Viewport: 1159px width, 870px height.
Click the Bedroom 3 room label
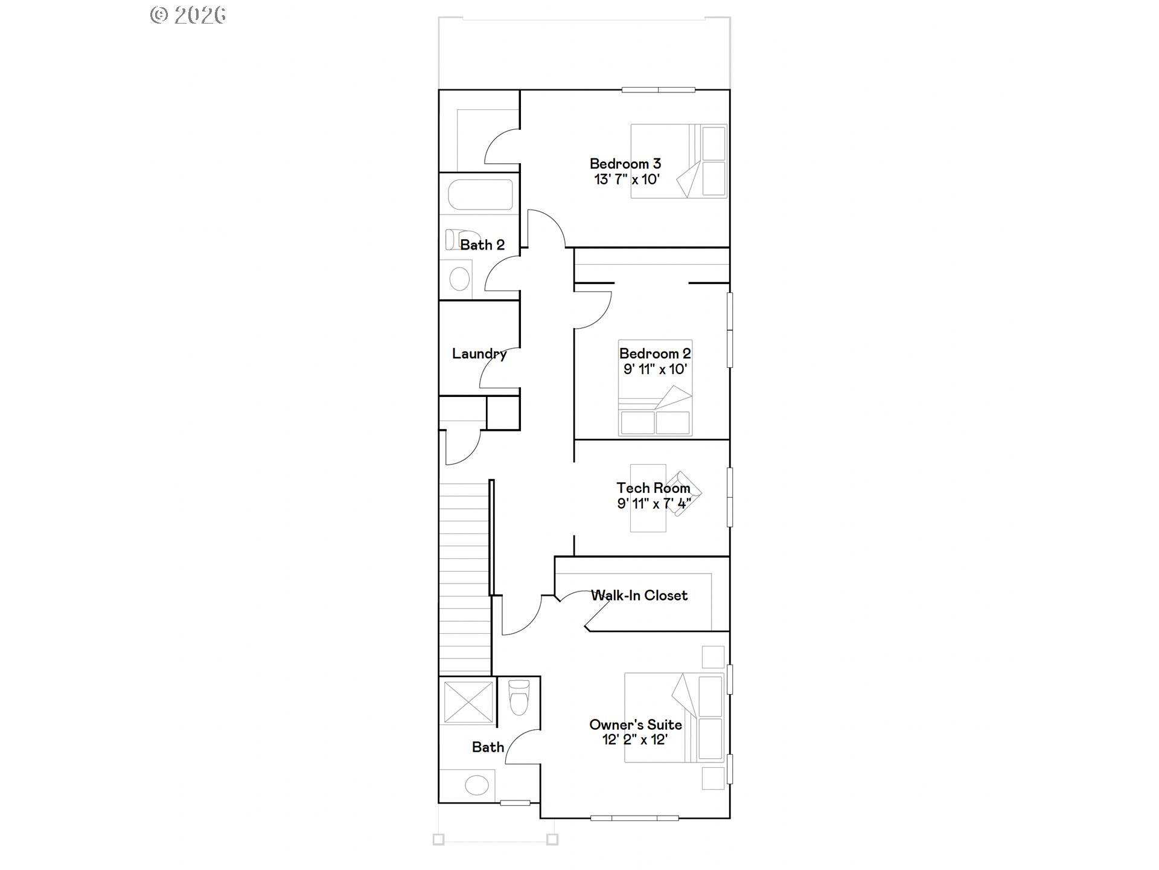625,164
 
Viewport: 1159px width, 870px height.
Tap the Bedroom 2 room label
655,353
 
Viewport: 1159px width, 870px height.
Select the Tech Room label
653,488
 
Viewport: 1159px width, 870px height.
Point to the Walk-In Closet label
639,596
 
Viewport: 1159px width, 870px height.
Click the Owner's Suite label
636,724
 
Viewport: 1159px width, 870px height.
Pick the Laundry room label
479,354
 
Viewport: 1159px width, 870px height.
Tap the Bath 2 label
482,245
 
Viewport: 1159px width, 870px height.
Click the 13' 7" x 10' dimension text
627,179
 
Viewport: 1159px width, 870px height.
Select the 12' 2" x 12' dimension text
635,739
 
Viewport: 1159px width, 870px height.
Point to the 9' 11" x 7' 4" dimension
654,503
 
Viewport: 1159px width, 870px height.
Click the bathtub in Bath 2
480,195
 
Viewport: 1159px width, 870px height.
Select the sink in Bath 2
460,279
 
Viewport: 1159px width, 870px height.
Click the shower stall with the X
468,701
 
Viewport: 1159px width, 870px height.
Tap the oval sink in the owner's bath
477,786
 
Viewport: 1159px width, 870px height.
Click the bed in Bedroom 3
678,161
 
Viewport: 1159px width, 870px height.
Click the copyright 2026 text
188,14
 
